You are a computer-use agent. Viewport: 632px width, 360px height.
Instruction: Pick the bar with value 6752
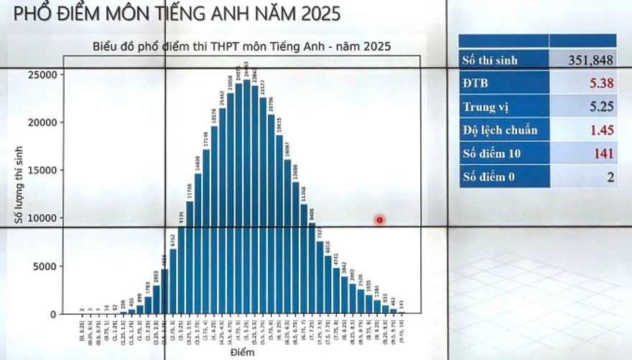click(173, 281)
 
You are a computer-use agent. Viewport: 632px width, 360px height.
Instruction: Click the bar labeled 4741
click(336, 290)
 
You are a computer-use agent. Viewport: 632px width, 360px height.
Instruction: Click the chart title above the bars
click(241, 47)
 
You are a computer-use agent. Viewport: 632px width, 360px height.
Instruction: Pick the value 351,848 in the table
click(591, 60)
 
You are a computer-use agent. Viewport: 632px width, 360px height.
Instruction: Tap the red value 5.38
click(602, 83)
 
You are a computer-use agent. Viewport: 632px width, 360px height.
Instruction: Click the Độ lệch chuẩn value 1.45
click(602, 130)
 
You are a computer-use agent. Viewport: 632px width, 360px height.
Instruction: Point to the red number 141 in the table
click(604, 153)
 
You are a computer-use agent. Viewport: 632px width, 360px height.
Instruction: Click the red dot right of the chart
click(380, 220)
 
